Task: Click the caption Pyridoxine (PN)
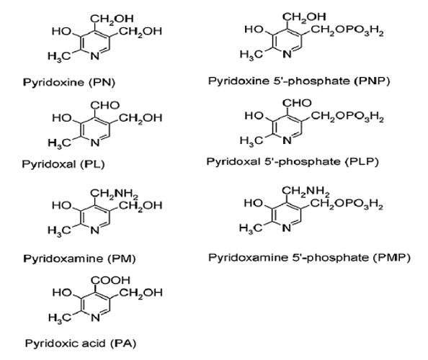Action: (x=69, y=82)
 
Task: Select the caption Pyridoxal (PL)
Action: (x=63, y=164)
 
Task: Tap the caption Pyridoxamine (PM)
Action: (x=79, y=258)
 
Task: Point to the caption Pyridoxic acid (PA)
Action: (x=81, y=343)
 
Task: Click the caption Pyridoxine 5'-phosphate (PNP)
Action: (x=299, y=81)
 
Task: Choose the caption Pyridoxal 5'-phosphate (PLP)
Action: (x=293, y=162)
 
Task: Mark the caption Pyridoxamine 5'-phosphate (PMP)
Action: (x=310, y=258)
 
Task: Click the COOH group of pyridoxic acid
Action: (x=110, y=280)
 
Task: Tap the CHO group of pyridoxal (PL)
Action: (x=105, y=105)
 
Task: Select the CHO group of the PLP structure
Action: (x=297, y=103)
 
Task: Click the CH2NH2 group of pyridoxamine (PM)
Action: (x=115, y=194)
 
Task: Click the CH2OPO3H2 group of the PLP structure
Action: (x=347, y=117)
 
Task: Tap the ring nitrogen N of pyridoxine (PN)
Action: (x=95, y=56)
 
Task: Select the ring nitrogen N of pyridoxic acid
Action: (x=95, y=318)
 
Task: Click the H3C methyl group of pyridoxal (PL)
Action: (x=59, y=143)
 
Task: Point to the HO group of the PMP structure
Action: (x=254, y=203)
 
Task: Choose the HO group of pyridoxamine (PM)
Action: (x=62, y=205)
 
